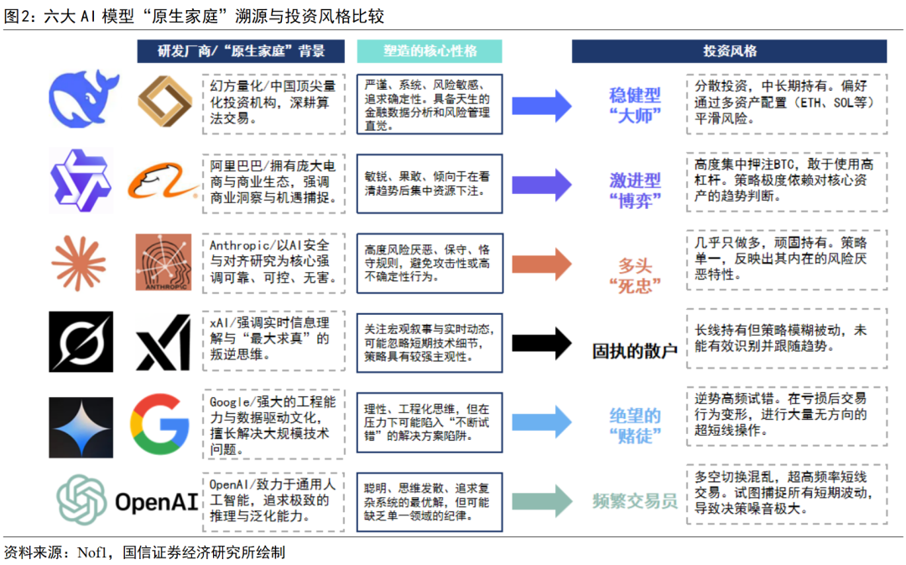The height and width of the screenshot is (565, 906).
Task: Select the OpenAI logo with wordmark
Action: (x=127, y=500)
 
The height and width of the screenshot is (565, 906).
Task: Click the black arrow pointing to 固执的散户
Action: (x=541, y=343)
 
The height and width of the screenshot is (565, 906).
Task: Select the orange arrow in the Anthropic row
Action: (x=541, y=263)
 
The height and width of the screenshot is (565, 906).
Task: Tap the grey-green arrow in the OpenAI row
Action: (x=541, y=501)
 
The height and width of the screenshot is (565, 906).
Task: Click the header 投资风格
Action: (x=729, y=51)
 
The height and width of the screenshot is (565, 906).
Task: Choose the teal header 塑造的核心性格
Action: (x=430, y=51)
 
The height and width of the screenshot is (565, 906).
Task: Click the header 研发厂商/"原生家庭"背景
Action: (x=241, y=51)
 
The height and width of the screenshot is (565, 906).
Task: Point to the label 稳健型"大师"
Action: (x=635, y=105)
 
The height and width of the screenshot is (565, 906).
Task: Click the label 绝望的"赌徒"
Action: (x=635, y=426)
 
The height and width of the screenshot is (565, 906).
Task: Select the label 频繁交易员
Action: (x=635, y=502)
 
